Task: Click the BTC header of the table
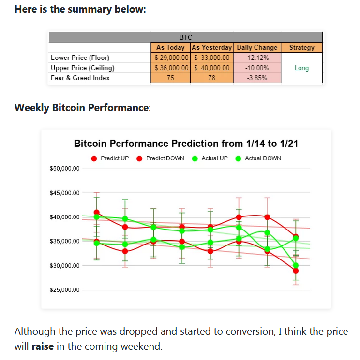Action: (x=185, y=37)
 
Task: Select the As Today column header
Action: (x=170, y=47)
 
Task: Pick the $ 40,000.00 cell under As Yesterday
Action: (x=212, y=68)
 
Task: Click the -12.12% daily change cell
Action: (x=257, y=58)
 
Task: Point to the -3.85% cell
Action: (x=257, y=78)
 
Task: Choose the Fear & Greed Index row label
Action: (x=80, y=78)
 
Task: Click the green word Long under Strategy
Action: (x=301, y=68)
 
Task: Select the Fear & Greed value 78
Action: (x=212, y=78)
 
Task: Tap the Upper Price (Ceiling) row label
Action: (x=83, y=68)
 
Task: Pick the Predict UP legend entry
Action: (x=110, y=158)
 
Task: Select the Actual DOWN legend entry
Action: (x=258, y=158)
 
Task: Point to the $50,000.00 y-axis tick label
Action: (x=65, y=169)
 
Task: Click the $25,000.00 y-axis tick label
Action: (x=65, y=290)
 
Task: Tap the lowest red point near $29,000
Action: (x=296, y=271)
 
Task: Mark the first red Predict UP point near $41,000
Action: (x=97, y=212)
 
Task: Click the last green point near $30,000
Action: (x=296, y=265)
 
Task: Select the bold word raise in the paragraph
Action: (x=43, y=346)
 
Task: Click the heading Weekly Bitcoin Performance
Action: (x=82, y=108)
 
